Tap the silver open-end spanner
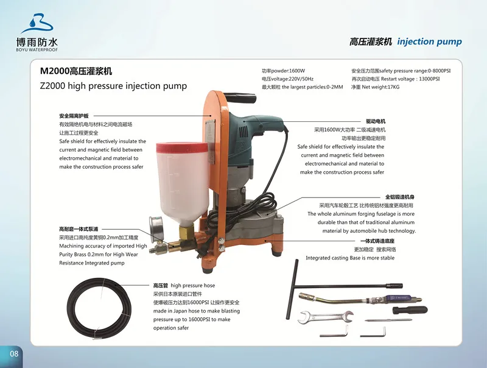tap(326, 316)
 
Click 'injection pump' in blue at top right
tap(429, 42)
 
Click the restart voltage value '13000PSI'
tap(427, 79)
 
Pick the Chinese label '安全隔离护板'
tap(74, 116)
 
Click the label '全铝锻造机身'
tap(399, 197)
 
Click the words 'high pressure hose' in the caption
tap(193, 285)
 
